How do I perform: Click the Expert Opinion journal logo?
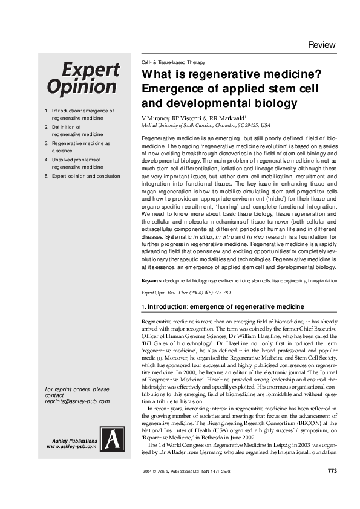click(x=90, y=78)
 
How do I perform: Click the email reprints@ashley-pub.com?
click(x=77, y=401)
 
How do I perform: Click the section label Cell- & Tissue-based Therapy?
click(x=173, y=63)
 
